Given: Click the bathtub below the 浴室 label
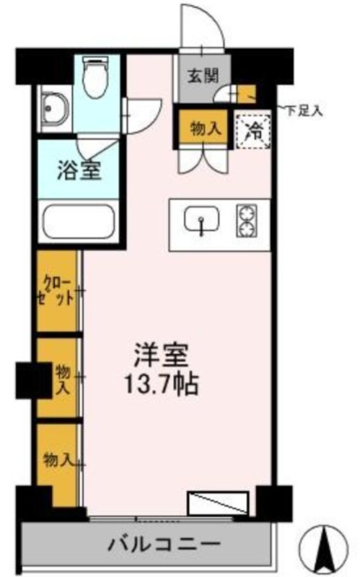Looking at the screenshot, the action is point(79,222).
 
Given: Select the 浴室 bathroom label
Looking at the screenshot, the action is point(79,171).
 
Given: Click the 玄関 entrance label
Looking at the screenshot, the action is point(203,76).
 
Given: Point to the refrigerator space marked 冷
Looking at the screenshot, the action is point(253,131).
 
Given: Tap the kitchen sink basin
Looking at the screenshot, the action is point(201,220).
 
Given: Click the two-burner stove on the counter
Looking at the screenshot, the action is point(246,221).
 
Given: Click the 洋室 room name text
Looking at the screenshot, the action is point(162,356).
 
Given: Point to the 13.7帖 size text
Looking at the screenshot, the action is point(162,384).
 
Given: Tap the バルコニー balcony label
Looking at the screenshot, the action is point(164,544).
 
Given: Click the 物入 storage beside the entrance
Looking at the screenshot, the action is point(205,130).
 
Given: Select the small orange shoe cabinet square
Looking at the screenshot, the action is point(246,94).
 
